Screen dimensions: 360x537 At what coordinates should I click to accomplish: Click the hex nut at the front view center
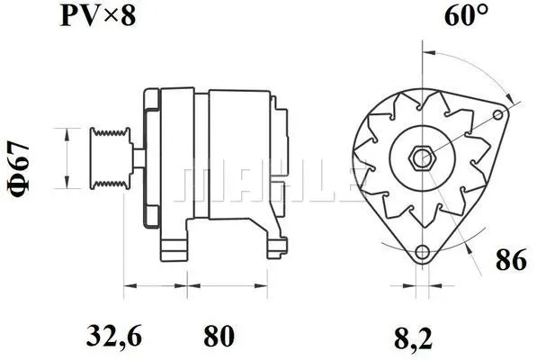point(420,158)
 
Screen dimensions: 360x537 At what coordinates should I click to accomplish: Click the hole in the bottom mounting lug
point(420,252)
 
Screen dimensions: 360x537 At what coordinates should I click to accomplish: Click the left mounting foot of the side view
point(172,245)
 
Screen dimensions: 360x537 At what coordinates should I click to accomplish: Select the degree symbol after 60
point(486,10)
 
